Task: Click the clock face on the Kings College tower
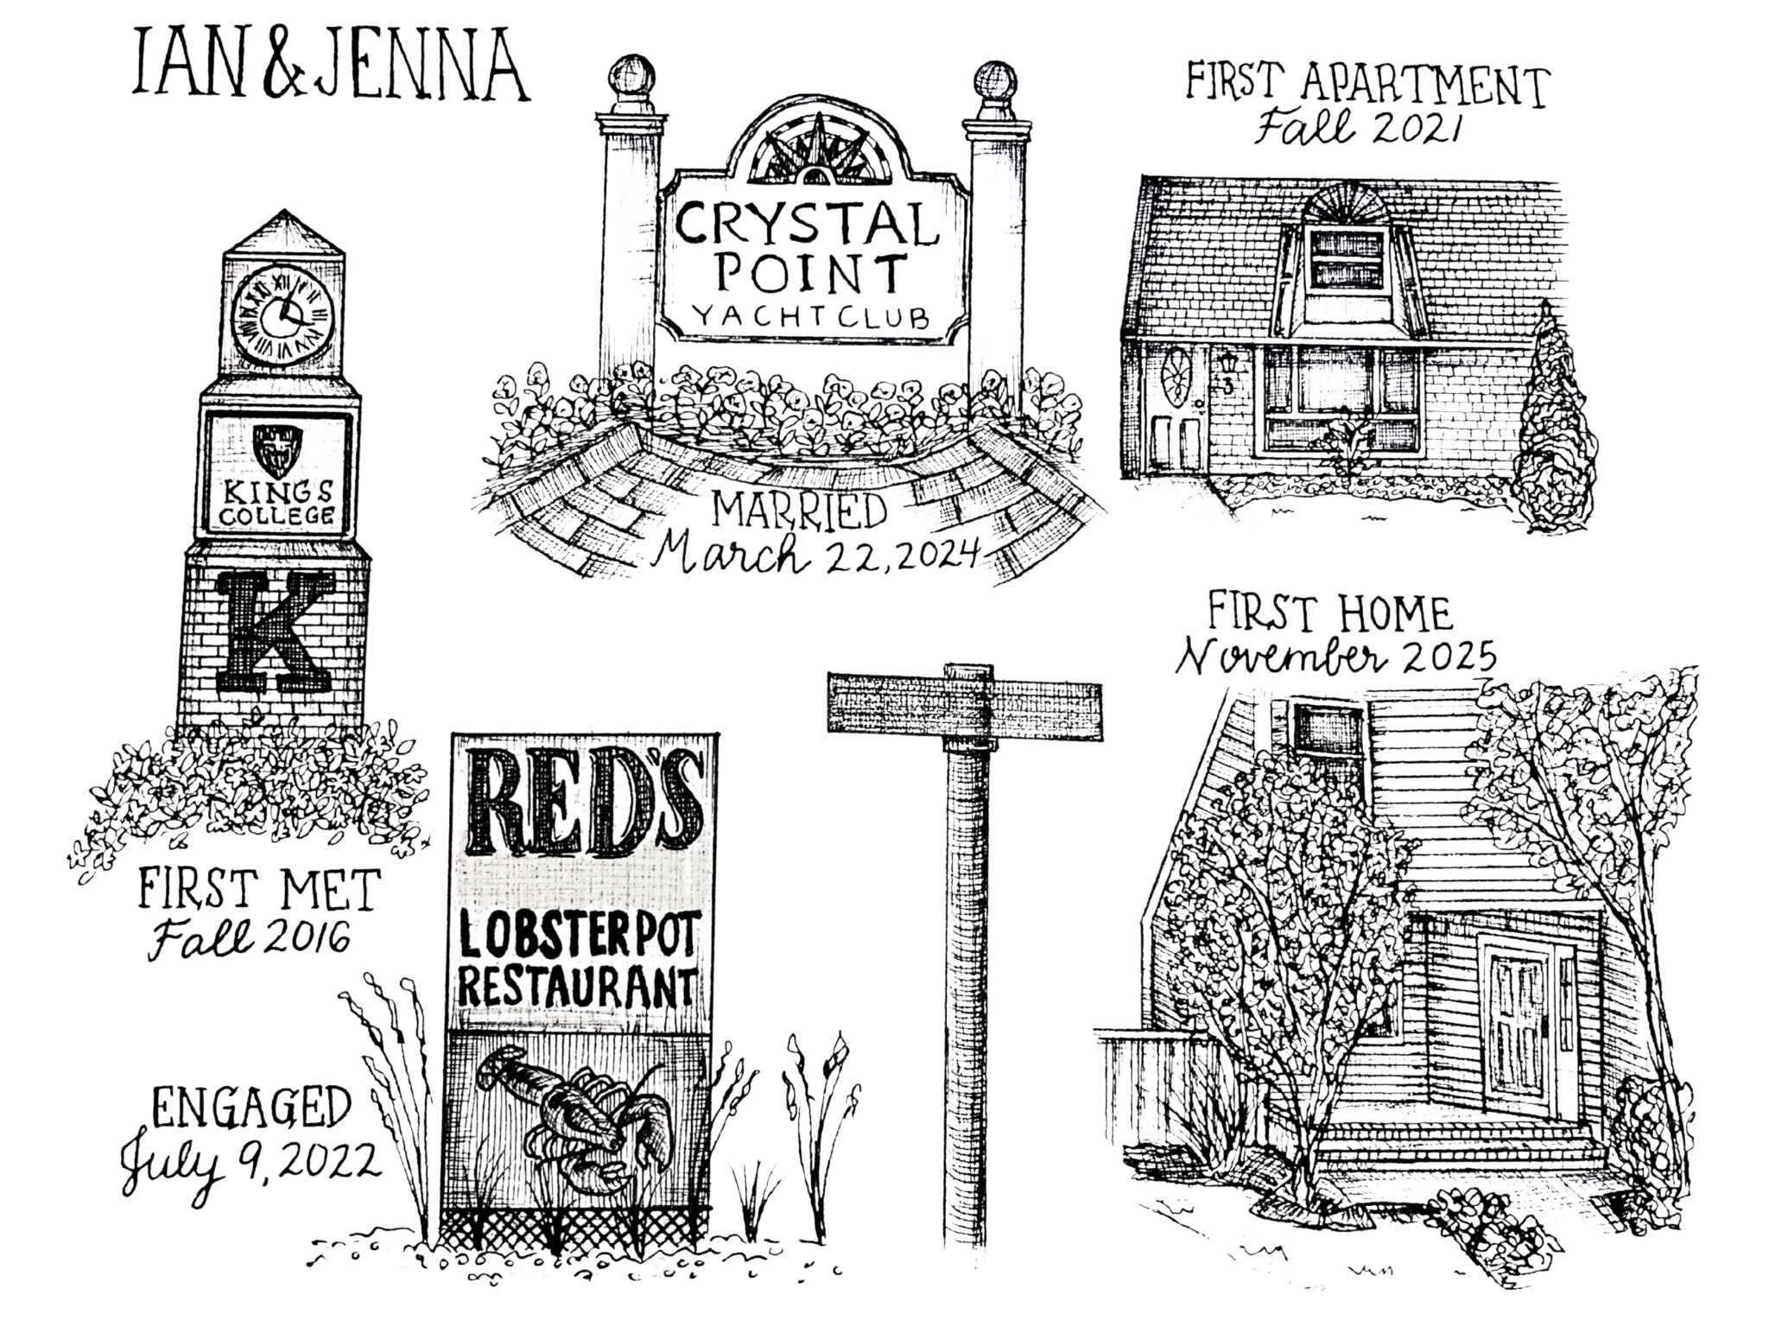coord(282,314)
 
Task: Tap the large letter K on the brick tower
coord(275,631)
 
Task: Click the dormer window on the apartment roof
coord(1348,259)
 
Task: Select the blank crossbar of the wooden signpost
coord(964,703)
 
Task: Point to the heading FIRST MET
coord(259,890)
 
